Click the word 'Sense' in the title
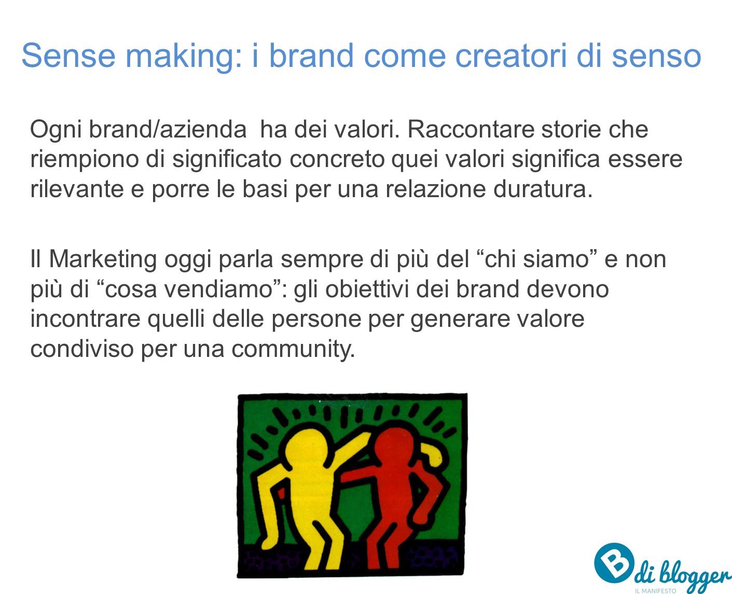(68, 56)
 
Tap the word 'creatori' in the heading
(511, 56)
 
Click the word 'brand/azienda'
(168, 130)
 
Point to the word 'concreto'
(337, 159)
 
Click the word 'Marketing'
(103, 260)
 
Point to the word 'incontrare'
(85, 319)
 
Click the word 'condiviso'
(82, 349)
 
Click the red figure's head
(395, 447)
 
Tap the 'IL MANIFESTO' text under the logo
(655, 591)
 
